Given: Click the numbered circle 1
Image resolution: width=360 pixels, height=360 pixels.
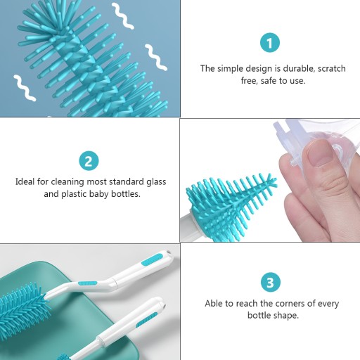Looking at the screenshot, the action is point(270,43).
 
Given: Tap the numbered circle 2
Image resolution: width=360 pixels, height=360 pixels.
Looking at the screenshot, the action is point(89,161).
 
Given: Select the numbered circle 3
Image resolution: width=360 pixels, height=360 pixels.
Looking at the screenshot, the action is point(271,282).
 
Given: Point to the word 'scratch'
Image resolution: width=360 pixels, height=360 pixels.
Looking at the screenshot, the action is point(332,68).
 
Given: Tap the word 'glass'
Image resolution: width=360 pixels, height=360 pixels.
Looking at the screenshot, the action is point(156,182).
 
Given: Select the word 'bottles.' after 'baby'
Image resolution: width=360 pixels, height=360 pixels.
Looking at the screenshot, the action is point(126,194).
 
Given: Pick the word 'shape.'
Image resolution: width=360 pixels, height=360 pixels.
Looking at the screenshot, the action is point(285,316).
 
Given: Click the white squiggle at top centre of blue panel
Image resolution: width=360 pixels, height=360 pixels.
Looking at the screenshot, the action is point(122,16).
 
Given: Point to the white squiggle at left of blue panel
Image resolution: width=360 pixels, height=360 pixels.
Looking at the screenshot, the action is point(25,88).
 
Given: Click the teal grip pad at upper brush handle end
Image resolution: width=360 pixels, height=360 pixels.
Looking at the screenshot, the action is point(152,259).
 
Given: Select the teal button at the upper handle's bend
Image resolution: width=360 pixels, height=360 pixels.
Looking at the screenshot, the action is point(87,283).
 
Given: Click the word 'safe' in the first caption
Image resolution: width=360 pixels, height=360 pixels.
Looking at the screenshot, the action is point(268,81).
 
